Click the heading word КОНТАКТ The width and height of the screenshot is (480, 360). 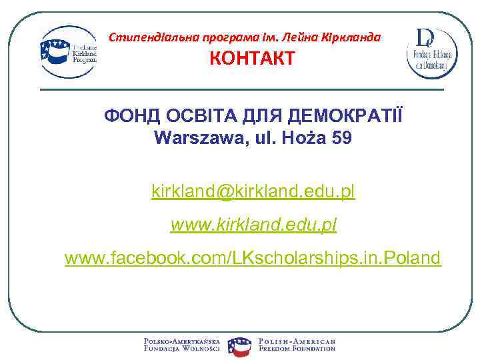[x=252, y=58]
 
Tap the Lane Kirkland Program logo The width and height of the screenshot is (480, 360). [x=69, y=51]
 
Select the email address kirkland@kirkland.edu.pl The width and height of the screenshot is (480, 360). [x=253, y=192]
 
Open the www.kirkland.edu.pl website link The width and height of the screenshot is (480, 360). [x=253, y=225]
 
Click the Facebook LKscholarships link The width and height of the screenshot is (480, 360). [x=253, y=257]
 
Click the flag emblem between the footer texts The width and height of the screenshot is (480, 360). [x=239, y=345]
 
